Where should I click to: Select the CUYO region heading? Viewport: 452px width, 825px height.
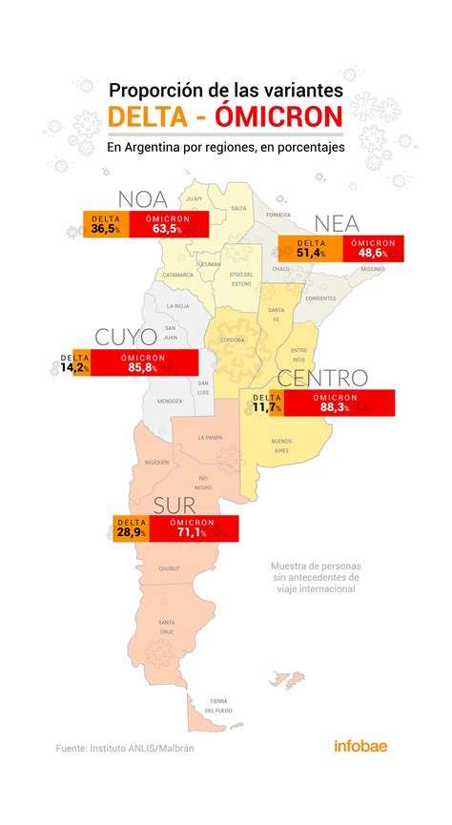pyautogui.click(x=126, y=338)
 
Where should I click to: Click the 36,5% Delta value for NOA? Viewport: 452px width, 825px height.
pyautogui.click(x=105, y=229)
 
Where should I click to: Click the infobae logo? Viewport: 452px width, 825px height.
pyautogui.click(x=360, y=748)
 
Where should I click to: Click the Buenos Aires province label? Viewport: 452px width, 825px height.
pyautogui.click(x=281, y=444)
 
